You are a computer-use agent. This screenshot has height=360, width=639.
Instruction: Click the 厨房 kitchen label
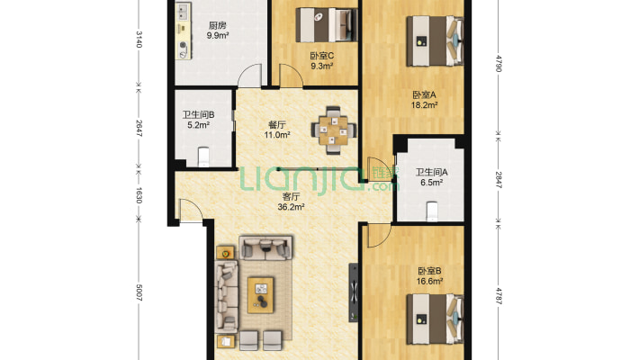pos(217,25)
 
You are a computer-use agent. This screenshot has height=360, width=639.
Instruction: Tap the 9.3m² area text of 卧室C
pos(322,66)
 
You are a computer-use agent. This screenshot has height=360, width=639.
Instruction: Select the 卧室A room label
pos(424,95)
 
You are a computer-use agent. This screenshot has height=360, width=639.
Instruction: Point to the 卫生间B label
pos(198,115)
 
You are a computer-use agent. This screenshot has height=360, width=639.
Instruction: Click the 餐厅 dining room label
pos(276,125)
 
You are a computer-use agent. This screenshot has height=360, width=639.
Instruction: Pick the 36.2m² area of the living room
pos(291,207)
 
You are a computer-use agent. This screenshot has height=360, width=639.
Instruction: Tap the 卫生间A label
pos(431,173)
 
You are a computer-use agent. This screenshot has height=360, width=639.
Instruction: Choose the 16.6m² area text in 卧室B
pos(429,281)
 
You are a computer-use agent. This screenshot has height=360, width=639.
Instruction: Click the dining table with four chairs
pos(333,130)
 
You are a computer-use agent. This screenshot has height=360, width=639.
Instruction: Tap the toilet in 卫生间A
pos(432,211)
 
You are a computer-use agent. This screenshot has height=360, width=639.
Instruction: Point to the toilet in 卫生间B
pos(203,157)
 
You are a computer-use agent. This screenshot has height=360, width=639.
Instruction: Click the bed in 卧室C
pos(327,25)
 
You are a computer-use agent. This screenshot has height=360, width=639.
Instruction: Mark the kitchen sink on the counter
pos(183,13)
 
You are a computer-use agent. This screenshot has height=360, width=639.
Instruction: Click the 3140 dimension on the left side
pos(139,40)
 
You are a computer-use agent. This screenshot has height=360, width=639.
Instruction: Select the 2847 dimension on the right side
pos(498,180)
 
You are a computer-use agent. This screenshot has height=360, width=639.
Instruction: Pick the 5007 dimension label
pos(139,293)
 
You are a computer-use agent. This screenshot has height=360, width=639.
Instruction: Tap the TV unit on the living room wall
pos(354,292)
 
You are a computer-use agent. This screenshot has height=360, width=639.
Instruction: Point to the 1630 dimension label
pos(139,195)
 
